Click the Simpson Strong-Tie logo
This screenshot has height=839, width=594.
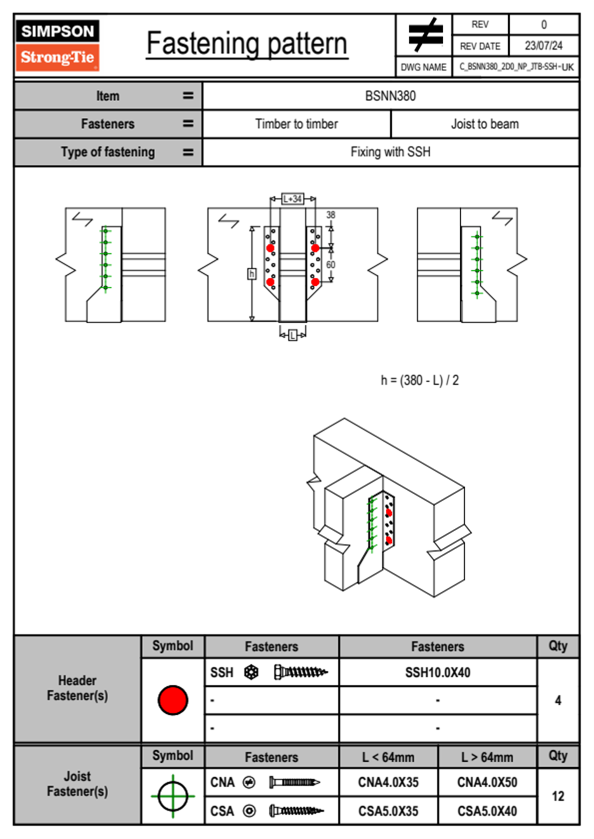(x=57, y=45)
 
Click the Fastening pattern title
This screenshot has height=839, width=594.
(x=247, y=44)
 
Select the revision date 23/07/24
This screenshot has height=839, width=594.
(x=543, y=46)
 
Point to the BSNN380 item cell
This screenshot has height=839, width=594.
(x=390, y=96)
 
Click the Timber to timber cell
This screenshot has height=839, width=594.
(x=297, y=124)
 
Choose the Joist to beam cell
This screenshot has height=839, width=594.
(x=485, y=124)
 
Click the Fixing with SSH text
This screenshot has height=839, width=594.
(x=390, y=152)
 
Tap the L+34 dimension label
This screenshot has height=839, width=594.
(x=293, y=199)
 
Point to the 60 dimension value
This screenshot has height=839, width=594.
(x=330, y=264)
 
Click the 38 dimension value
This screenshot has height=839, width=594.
(x=331, y=215)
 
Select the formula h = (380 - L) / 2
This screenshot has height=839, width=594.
(x=419, y=380)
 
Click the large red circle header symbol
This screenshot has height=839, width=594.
(x=173, y=700)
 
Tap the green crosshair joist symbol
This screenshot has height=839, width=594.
(x=173, y=796)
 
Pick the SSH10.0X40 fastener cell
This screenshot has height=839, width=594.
(x=438, y=672)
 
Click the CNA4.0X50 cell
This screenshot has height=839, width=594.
(x=487, y=782)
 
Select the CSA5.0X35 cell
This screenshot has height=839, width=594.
(x=388, y=811)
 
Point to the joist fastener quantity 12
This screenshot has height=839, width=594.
(x=558, y=796)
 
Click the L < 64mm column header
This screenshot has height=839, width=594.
(x=388, y=757)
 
